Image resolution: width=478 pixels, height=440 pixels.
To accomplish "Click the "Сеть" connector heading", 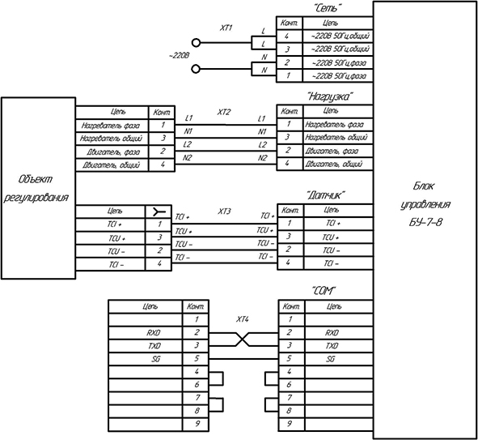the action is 327,8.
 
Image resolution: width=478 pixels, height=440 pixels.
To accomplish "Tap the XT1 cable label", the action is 226,28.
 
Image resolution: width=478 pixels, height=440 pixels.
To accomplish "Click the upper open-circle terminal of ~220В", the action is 196,43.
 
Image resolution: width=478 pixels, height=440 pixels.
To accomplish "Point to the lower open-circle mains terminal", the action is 196,69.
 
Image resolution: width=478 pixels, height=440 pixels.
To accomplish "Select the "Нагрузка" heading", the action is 331,96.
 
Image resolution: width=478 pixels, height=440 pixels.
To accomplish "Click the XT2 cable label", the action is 224,112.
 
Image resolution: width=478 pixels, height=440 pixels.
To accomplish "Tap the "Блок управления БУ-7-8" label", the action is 425,204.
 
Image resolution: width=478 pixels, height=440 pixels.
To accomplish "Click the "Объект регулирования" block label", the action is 36,188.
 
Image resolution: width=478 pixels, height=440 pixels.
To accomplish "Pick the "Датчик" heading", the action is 326,195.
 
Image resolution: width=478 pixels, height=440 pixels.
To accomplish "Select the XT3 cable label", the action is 224,211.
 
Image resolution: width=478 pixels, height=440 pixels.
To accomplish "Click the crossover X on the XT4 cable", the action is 243,340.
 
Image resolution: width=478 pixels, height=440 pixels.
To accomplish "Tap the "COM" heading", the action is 324,291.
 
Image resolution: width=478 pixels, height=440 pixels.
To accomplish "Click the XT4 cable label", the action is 243,319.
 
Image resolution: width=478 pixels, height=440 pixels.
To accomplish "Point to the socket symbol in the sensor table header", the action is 159,211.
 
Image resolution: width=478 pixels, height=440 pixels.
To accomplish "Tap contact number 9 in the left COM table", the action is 197,424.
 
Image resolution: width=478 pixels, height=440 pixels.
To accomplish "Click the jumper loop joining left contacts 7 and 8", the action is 222,404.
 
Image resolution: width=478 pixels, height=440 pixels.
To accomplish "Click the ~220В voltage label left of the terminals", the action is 179,56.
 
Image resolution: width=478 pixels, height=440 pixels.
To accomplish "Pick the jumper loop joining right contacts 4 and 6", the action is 266,378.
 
